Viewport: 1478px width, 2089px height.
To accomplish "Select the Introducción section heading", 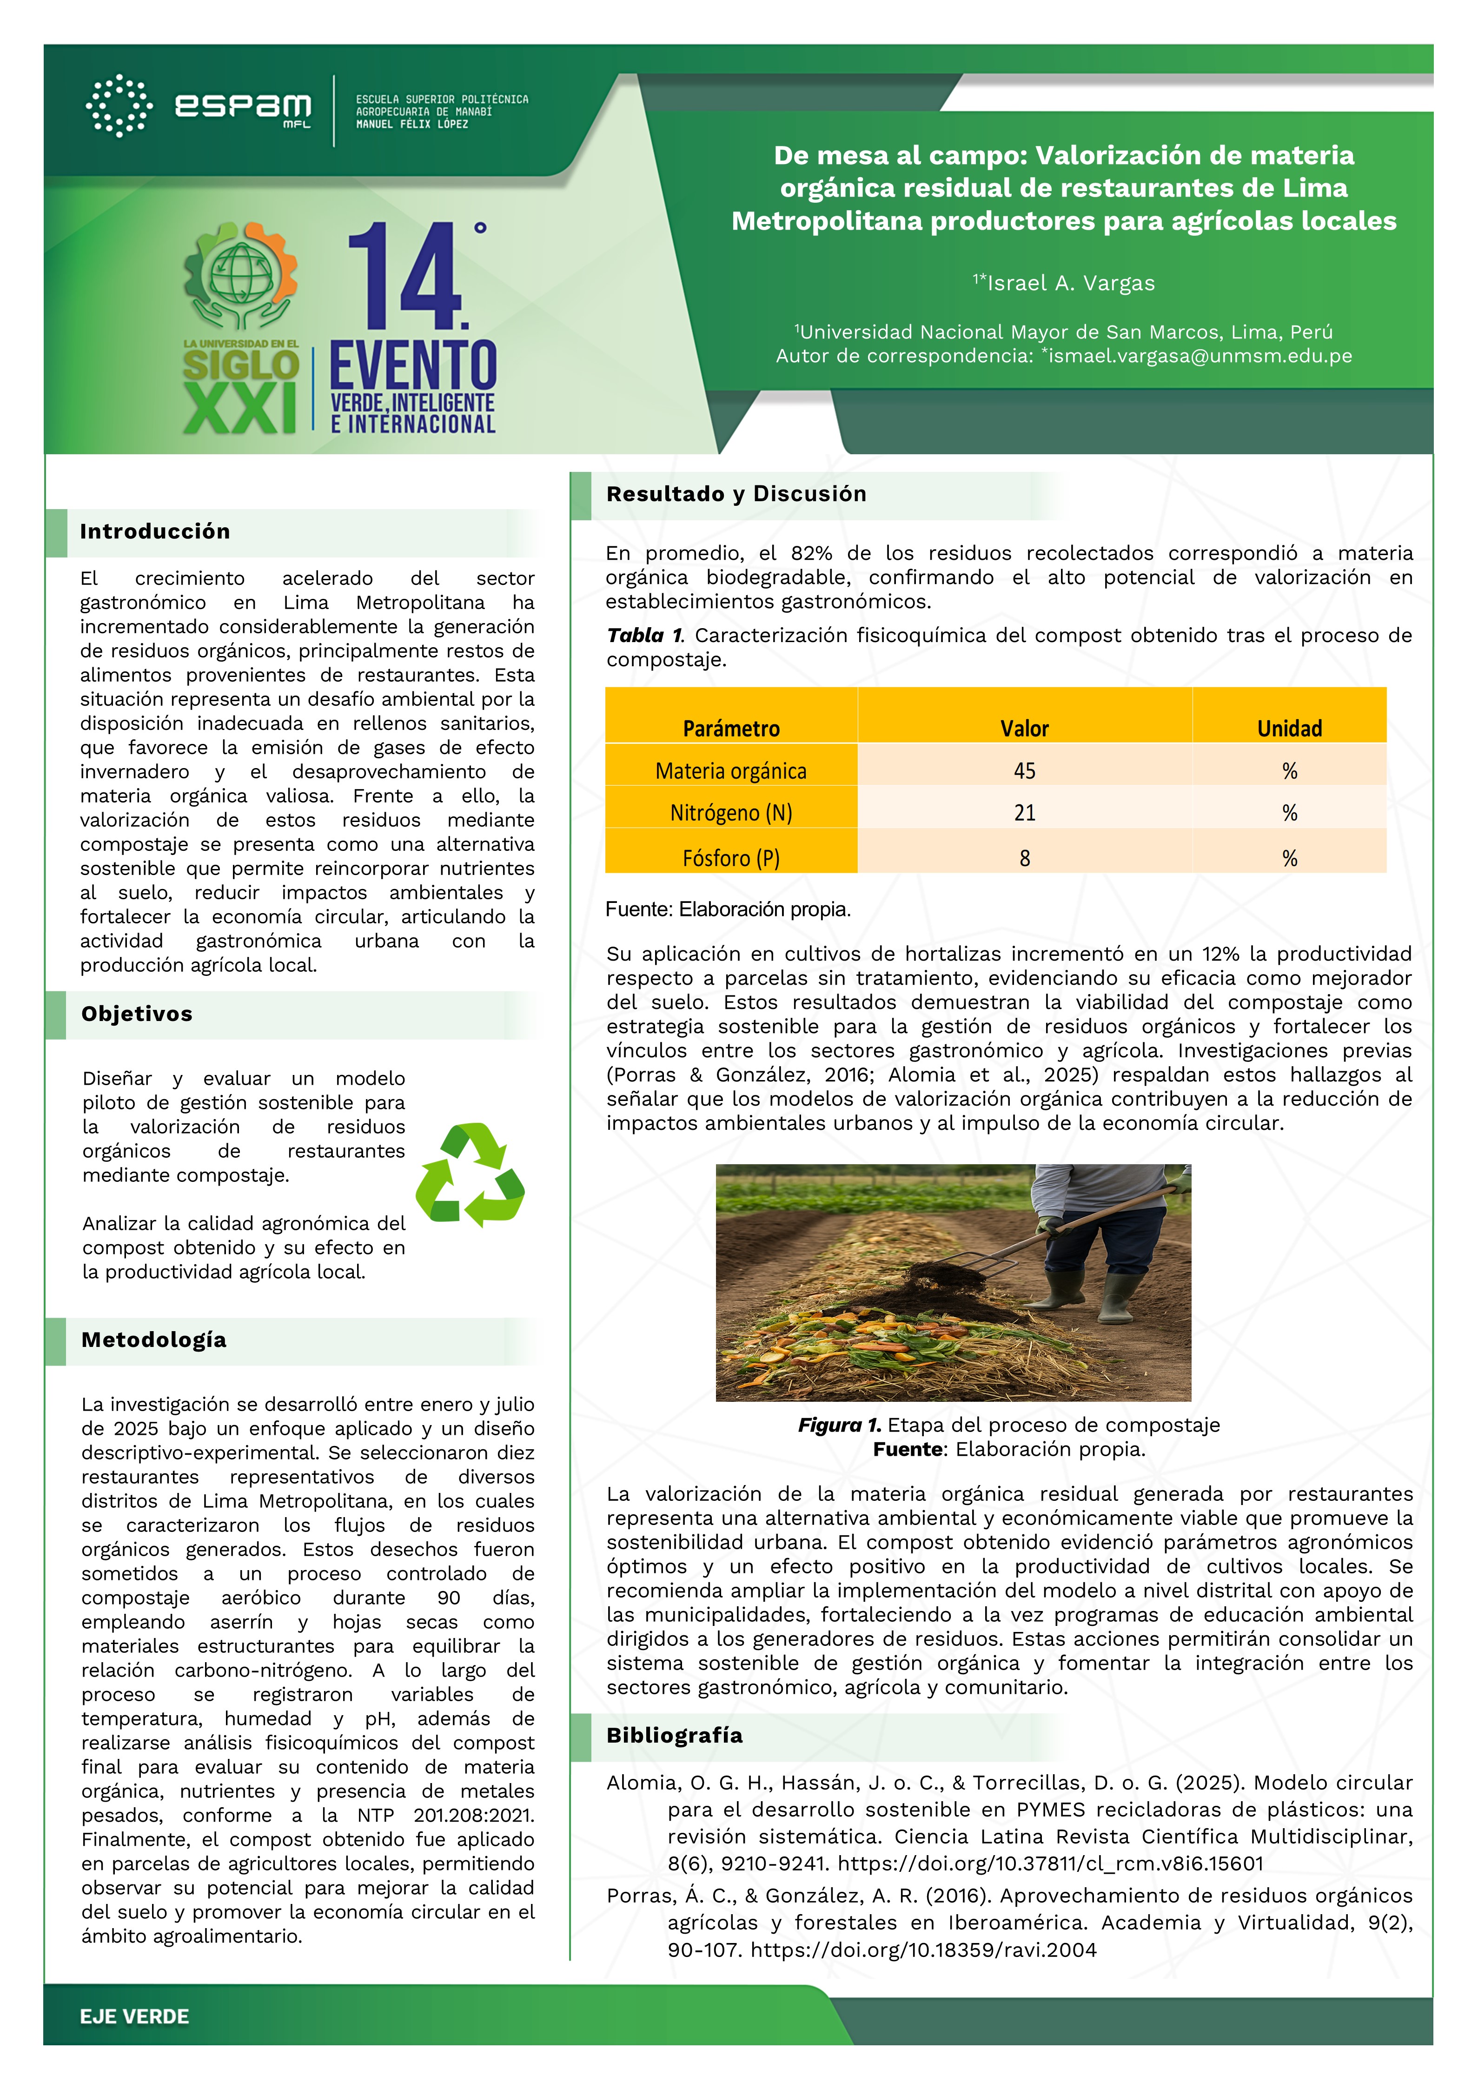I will pos(155,531).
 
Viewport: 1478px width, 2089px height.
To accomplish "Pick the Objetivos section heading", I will pos(137,1014).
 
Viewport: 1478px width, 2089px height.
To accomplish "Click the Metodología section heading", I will pos(154,1340).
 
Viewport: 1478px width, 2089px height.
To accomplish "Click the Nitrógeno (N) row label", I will pos(731,813).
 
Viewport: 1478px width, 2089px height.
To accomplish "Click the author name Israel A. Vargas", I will pos(1070,283).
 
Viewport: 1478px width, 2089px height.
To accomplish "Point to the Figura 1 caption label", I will pos(839,1426).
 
